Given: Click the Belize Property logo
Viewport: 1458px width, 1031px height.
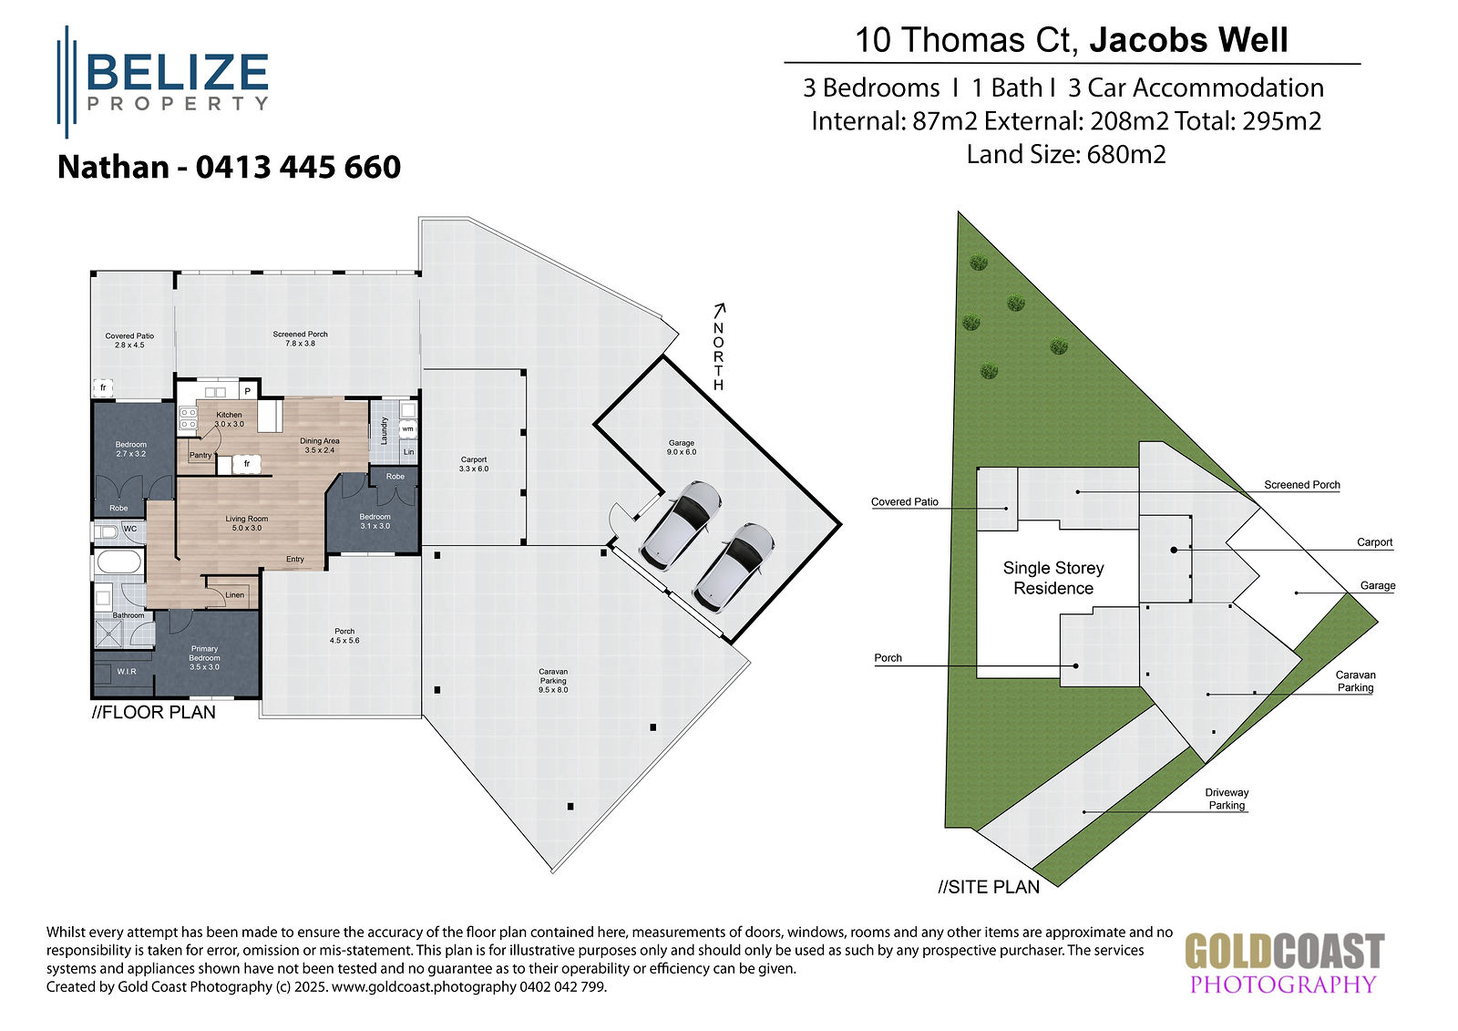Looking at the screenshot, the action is point(163,82).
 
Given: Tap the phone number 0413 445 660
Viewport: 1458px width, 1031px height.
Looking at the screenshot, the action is point(298,168).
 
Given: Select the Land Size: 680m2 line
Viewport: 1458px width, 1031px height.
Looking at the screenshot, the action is point(1066,155).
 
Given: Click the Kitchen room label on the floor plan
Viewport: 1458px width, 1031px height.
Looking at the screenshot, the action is point(229,419).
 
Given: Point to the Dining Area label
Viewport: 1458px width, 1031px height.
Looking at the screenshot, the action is point(320,446).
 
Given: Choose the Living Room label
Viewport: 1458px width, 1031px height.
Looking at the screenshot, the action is point(247,523).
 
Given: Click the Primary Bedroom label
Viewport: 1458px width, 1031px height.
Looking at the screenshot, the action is point(204,658).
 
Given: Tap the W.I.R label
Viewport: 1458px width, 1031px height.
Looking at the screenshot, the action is point(127,672).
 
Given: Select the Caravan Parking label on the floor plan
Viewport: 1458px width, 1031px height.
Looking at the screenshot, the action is point(553,681).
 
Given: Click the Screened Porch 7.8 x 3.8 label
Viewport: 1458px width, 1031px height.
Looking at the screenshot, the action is point(300,339).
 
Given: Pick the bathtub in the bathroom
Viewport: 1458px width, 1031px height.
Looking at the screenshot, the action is point(118,562).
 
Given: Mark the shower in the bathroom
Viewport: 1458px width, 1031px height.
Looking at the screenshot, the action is point(108,634).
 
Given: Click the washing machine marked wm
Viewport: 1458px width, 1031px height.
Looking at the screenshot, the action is point(408,429).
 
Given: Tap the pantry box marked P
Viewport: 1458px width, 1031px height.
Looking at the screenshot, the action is point(247,391).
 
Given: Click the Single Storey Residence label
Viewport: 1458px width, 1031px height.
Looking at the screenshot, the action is point(1053,578).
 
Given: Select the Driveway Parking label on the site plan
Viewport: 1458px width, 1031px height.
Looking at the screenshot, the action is point(1227,799).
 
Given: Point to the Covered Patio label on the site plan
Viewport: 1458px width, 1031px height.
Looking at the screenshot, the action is point(905,502).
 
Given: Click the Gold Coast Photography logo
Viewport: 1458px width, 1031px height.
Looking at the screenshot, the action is point(1284,964).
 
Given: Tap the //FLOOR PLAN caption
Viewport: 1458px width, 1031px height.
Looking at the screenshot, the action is point(154,713).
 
